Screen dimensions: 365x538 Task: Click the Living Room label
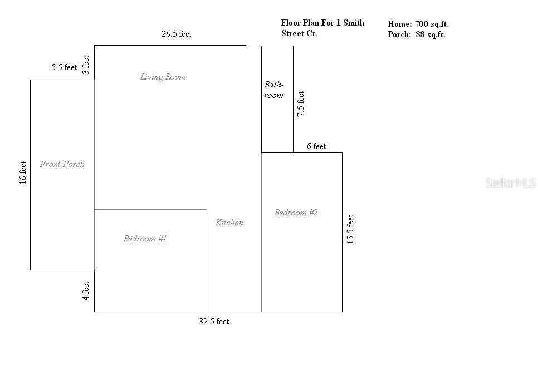pyautogui.click(x=163, y=77)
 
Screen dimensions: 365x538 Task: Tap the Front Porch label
pyautogui.click(x=62, y=164)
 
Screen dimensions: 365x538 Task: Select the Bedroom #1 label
pyautogui.click(x=145, y=239)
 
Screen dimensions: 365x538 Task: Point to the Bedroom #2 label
pyautogui.click(x=296, y=213)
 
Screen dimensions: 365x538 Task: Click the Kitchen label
pyautogui.click(x=229, y=223)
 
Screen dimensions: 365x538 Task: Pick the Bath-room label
pyautogui.click(x=274, y=90)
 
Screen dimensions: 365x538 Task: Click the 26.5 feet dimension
pyautogui.click(x=177, y=34)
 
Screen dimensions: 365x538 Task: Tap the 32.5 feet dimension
pyautogui.click(x=214, y=322)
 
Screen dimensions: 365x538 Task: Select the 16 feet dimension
pyautogui.click(x=23, y=172)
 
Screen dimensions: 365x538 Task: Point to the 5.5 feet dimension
pyautogui.click(x=64, y=67)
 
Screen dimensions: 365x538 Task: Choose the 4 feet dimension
pyautogui.click(x=86, y=291)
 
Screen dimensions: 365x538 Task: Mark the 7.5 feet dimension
pyautogui.click(x=301, y=103)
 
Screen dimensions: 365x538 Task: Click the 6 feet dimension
pyautogui.click(x=316, y=146)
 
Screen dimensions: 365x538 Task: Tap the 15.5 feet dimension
pyautogui.click(x=350, y=229)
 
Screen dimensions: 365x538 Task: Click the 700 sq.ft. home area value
pyautogui.click(x=432, y=24)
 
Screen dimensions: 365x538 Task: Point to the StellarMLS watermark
pyautogui.click(x=510, y=182)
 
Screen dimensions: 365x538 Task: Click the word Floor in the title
pyautogui.click(x=291, y=23)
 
